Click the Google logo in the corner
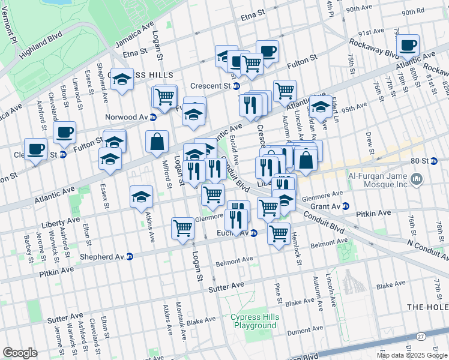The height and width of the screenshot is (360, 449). point(20,353)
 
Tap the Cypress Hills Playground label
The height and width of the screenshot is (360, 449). point(253,321)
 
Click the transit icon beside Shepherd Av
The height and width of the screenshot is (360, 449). point(130,256)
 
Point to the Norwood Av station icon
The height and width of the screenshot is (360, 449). point(153,117)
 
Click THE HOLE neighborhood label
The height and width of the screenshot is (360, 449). point(427,307)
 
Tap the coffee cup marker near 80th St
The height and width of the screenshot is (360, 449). point(408,44)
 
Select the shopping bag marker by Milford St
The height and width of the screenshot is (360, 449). point(157,142)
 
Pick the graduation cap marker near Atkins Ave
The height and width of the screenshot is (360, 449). point(141,196)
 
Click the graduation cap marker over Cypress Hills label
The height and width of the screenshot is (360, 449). point(122,79)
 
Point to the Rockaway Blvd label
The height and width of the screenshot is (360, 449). point(369,47)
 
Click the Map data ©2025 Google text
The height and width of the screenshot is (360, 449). point(412,355)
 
